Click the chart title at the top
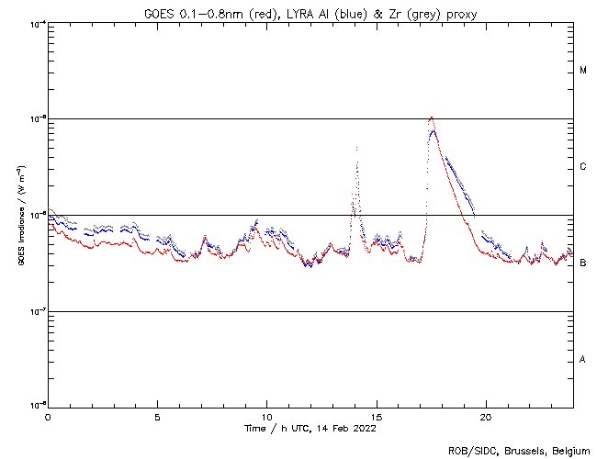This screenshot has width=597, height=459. point(310,12)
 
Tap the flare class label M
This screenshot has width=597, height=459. point(583,71)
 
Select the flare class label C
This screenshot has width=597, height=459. point(583,167)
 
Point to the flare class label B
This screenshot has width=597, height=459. point(583,263)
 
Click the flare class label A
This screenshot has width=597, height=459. point(583,360)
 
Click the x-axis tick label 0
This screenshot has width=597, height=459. point(48,417)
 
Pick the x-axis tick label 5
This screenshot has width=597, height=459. point(157,417)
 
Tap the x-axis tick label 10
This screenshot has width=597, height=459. point(266,417)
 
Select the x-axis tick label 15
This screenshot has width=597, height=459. point(376,417)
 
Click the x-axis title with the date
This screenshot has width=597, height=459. point(310,429)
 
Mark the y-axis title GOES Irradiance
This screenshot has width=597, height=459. point(20,215)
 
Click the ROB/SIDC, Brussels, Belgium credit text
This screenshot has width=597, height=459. point(519,450)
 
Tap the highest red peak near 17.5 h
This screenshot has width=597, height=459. point(431,118)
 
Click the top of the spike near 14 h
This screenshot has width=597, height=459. point(356,148)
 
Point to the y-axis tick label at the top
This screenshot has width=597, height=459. point(35,23)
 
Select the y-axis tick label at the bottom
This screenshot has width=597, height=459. point(35,404)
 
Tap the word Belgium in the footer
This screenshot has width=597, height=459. point(569,450)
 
